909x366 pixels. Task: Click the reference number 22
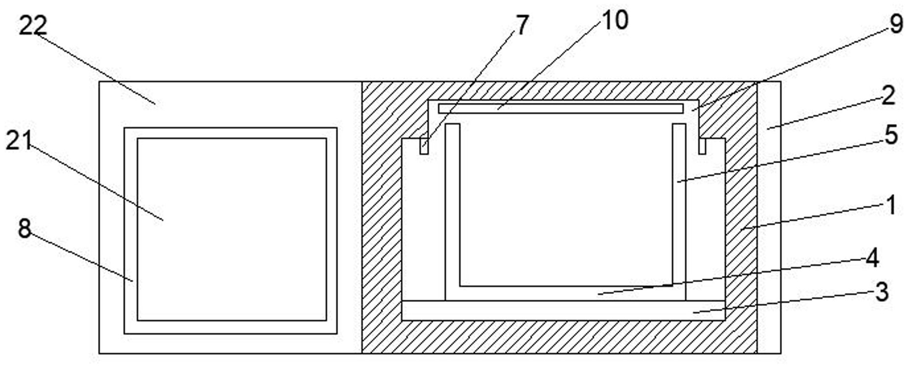coord(32,25)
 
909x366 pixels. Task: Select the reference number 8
coord(25,228)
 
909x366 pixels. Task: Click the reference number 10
coord(614,21)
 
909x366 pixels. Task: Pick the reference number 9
coord(896,24)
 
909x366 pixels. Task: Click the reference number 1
coord(890,205)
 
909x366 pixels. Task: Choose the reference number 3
coord(881,292)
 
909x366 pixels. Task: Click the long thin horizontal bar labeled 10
coord(561,108)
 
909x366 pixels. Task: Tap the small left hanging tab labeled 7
coord(424,146)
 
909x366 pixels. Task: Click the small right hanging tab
coord(702,146)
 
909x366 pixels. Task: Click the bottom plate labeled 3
coord(563,310)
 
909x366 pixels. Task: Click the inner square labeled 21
coord(232,229)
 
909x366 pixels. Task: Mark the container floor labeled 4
coord(564,293)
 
